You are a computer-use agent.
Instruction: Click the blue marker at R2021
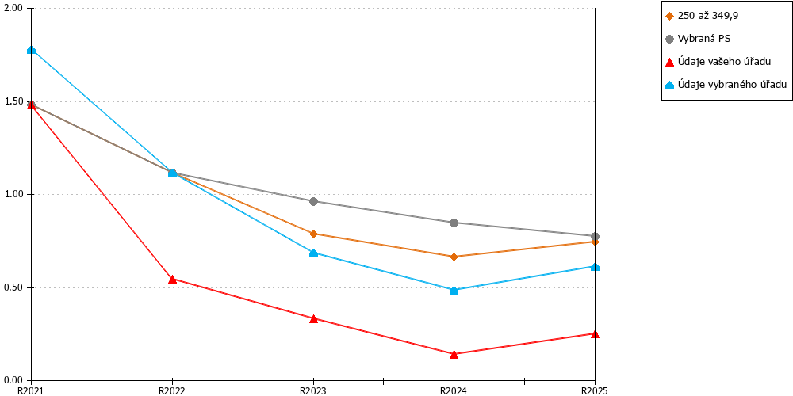coord(32,49)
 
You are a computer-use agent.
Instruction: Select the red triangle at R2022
coord(172,279)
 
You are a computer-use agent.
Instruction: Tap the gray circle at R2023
coord(313,201)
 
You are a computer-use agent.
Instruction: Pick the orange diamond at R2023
coord(313,234)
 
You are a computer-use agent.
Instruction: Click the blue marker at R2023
coord(313,253)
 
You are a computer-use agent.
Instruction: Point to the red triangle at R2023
coord(313,318)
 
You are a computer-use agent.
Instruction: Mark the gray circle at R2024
coord(454,223)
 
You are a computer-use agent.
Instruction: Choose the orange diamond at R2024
coord(454,257)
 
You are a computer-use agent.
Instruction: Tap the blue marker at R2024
coord(454,291)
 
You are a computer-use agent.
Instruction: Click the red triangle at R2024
coord(454,354)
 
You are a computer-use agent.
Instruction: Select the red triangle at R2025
coord(596,333)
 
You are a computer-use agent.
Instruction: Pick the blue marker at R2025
coord(596,267)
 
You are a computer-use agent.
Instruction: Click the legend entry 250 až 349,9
coord(701,16)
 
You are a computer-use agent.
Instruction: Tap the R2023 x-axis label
coord(313,390)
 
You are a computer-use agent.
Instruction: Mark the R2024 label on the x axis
coord(454,390)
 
